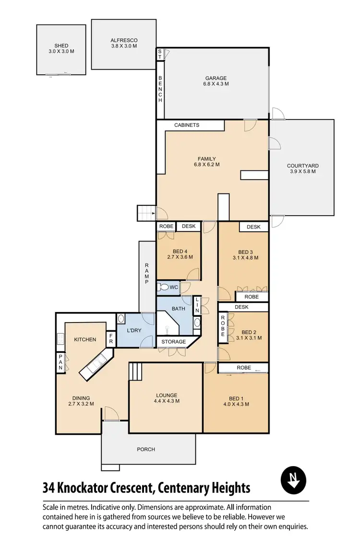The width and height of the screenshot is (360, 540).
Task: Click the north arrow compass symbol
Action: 293,480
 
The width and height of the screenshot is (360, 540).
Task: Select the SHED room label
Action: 61,48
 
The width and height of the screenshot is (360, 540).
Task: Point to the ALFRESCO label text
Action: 124,43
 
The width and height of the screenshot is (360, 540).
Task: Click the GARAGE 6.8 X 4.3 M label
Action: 216,81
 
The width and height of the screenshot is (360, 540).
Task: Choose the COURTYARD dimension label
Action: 302,168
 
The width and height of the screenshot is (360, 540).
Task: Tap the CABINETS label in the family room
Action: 187,125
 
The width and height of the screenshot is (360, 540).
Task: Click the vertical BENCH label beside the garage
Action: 160,89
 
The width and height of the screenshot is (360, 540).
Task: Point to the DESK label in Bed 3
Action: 253,227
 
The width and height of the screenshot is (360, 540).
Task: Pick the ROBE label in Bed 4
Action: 166,226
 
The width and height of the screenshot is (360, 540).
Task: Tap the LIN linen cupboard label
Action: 197,305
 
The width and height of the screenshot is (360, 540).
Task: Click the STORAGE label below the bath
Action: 173,342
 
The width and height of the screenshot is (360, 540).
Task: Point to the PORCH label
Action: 146,449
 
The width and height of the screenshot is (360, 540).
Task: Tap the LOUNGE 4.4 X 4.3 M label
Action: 167,397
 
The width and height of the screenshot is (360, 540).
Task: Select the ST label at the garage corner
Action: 160,54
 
